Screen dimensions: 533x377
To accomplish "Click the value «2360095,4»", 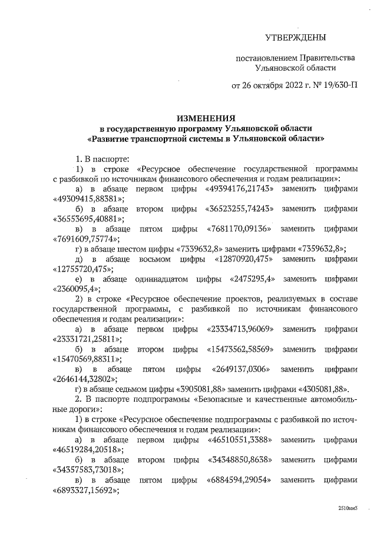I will click(x=75, y=289).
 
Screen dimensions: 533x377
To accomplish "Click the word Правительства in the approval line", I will click(x=328, y=58).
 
